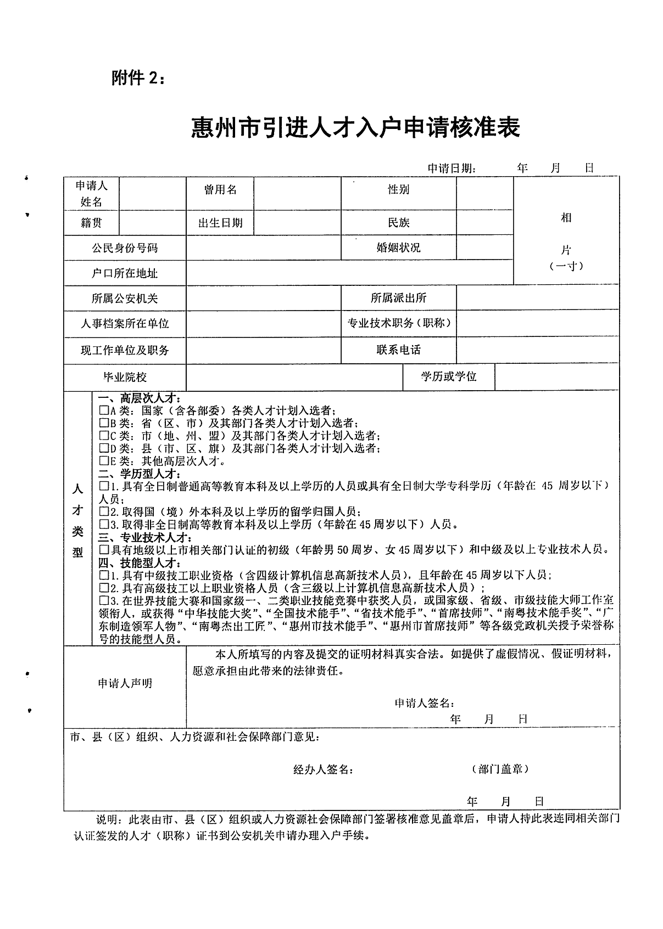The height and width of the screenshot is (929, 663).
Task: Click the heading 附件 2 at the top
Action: (137, 79)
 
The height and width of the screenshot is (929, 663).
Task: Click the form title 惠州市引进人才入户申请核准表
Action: (355, 128)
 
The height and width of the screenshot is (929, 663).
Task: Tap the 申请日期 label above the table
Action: (452, 168)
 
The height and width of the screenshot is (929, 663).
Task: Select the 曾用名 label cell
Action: (220, 190)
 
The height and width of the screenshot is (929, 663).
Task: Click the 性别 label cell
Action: (398, 190)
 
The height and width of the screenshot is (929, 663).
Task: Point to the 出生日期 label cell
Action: (220, 223)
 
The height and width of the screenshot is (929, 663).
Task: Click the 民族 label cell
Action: (398, 223)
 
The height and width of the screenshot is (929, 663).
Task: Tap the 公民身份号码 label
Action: (125, 248)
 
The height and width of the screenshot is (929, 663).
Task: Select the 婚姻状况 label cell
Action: (398, 247)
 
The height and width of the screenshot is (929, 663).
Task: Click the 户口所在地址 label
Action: (125, 273)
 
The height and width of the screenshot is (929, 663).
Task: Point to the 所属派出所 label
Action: (398, 298)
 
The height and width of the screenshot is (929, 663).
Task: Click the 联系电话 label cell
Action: (398, 350)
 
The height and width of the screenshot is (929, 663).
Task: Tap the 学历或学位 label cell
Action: (449, 376)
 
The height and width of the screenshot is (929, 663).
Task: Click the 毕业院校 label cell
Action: (125, 377)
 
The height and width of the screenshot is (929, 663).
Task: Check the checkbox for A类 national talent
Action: (104, 410)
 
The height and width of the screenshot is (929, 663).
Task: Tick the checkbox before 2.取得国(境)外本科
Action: (104, 511)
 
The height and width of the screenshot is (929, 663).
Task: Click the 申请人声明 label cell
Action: (125, 683)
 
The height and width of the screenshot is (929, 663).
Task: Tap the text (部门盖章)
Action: (500, 769)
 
